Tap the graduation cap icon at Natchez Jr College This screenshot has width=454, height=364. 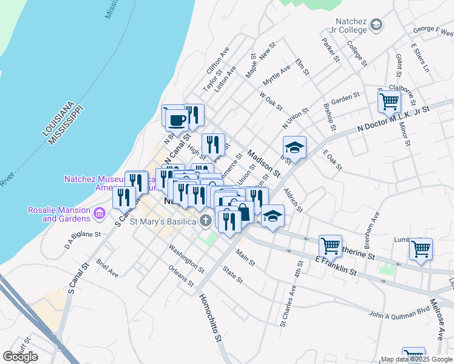(376, 25)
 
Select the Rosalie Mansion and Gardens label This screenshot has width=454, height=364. (59, 214)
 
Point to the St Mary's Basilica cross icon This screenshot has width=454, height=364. (206, 221)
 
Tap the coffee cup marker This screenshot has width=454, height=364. (177, 120)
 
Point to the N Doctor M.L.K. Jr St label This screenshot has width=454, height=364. (393, 118)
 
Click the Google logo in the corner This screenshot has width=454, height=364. (20, 357)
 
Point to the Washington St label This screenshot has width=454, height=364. (187, 257)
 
